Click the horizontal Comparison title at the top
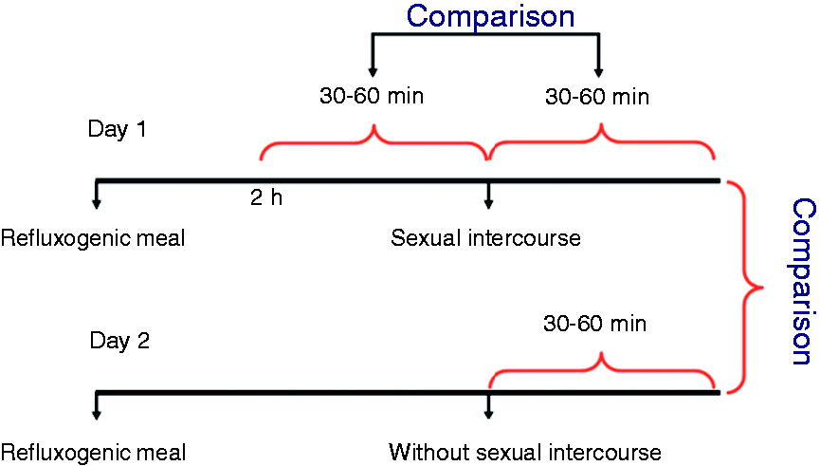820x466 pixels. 490,17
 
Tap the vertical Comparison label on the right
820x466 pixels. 803,281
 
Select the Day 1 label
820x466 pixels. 117,129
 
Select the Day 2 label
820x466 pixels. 119,341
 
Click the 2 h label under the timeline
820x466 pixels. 266,197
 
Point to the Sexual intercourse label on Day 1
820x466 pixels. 485,238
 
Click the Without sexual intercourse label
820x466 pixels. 525,452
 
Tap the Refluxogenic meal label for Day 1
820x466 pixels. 93,238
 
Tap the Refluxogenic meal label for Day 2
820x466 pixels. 93,453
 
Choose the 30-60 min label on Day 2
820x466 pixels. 594,324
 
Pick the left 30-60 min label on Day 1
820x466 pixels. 372,96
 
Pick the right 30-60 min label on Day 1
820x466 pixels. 597,97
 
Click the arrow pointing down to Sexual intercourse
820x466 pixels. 488,196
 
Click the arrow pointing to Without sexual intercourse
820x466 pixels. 488,407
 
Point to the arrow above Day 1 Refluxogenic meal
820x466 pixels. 97,195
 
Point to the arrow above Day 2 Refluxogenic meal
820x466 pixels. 97,406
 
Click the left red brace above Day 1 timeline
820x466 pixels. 374,140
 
